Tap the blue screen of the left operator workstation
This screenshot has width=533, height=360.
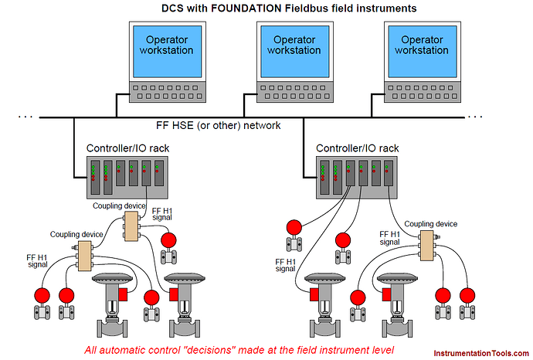(x=168, y=52)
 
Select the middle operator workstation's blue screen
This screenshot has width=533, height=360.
(x=295, y=52)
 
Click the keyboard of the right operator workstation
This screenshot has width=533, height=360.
(x=423, y=92)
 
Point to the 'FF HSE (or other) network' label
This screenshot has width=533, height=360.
(x=219, y=125)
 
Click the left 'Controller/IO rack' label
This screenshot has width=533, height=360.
(x=127, y=148)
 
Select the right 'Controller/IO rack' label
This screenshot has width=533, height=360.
(x=357, y=148)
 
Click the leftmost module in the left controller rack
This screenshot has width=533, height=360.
(x=95, y=178)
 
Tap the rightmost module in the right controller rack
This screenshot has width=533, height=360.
(x=389, y=173)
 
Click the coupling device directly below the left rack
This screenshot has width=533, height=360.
(x=131, y=226)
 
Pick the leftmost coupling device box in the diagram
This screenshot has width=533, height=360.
(x=85, y=256)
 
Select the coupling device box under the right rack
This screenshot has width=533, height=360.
(x=427, y=246)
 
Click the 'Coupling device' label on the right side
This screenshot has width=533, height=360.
(x=431, y=224)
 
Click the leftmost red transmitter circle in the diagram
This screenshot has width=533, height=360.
(x=42, y=295)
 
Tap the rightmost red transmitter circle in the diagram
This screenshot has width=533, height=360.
(x=467, y=295)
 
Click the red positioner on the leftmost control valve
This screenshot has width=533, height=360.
(x=123, y=294)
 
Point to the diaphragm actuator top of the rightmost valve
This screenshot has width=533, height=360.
(x=397, y=278)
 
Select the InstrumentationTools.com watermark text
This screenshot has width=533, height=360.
(x=481, y=354)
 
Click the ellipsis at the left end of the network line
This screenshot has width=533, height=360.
(x=25, y=117)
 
